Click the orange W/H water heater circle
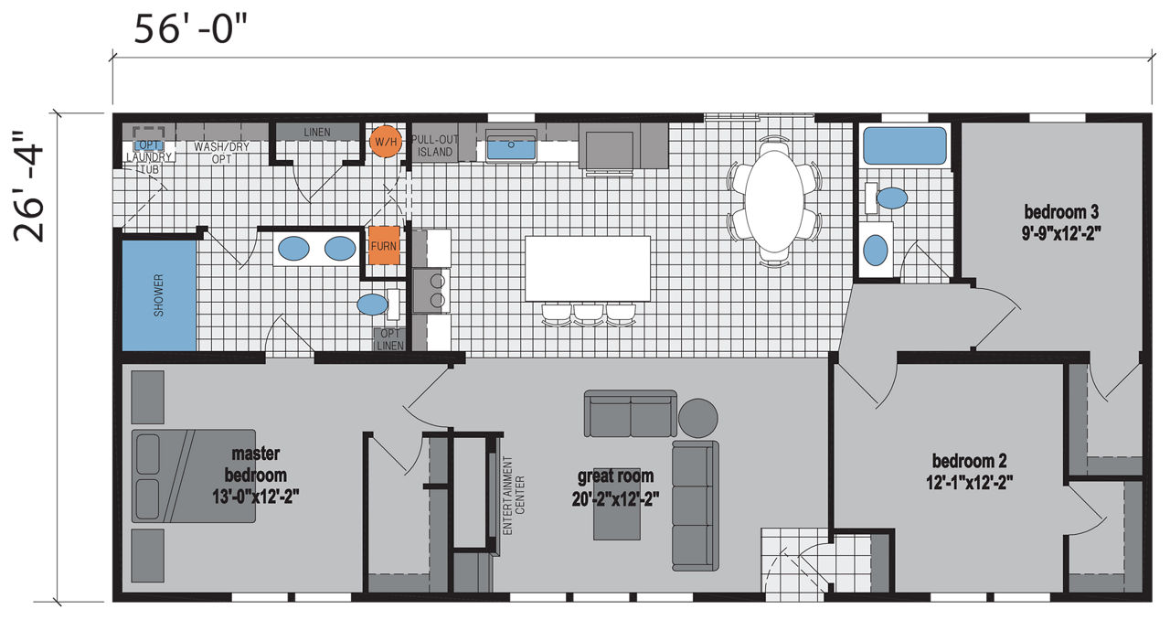pos(386,141)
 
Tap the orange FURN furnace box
pos(384,245)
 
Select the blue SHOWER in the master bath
pos(159,295)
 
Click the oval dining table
pos(774,201)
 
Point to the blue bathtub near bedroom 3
pos(905,145)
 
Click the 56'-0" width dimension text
pos(189,29)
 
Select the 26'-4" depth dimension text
pos(29,187)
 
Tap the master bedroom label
pos(255,475)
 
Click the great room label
pos(615,487)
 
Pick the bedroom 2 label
pos(970,472)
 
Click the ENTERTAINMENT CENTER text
pos(514,495)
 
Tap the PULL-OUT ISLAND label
pos(434,145)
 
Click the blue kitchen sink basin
pos(511,146)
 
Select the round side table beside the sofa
pos(697,418)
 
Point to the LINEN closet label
pos(317,133)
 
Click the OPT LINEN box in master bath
pos(389,339)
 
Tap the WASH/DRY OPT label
pos(222,153)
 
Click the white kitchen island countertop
pos(588,269)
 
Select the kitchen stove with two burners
pos(431,291)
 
